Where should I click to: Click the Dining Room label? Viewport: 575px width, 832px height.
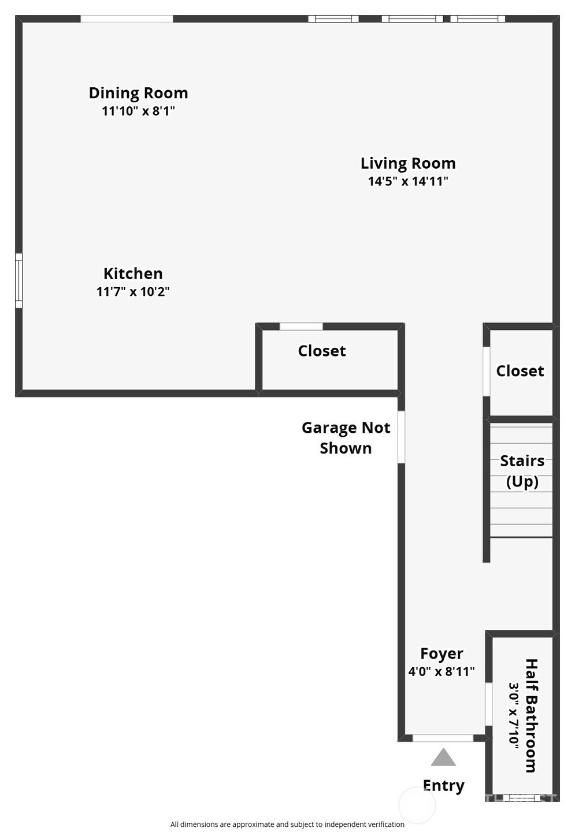coord(138,93)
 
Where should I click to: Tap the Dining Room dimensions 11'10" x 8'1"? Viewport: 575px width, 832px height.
coord(138,111)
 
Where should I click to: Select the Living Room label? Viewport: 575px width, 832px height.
coord(408,164)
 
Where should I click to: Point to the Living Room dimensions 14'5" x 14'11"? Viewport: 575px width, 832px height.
coord(408,181)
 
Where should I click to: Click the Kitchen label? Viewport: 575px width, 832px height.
coord(133,273)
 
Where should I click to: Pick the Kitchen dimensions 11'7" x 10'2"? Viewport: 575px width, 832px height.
coord(133,291)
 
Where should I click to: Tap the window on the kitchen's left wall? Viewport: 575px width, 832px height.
coord(18,281)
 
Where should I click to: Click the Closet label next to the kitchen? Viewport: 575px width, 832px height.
coord(322,351)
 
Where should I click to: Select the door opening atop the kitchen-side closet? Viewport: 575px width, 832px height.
coord(301,326)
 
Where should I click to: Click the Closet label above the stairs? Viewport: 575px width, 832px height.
coord(520,371)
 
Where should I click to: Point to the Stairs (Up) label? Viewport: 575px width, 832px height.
coord(522,471)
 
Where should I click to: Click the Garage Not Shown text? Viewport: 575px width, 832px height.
coord(346,437)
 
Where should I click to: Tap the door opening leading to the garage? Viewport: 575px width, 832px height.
coord(401,437)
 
